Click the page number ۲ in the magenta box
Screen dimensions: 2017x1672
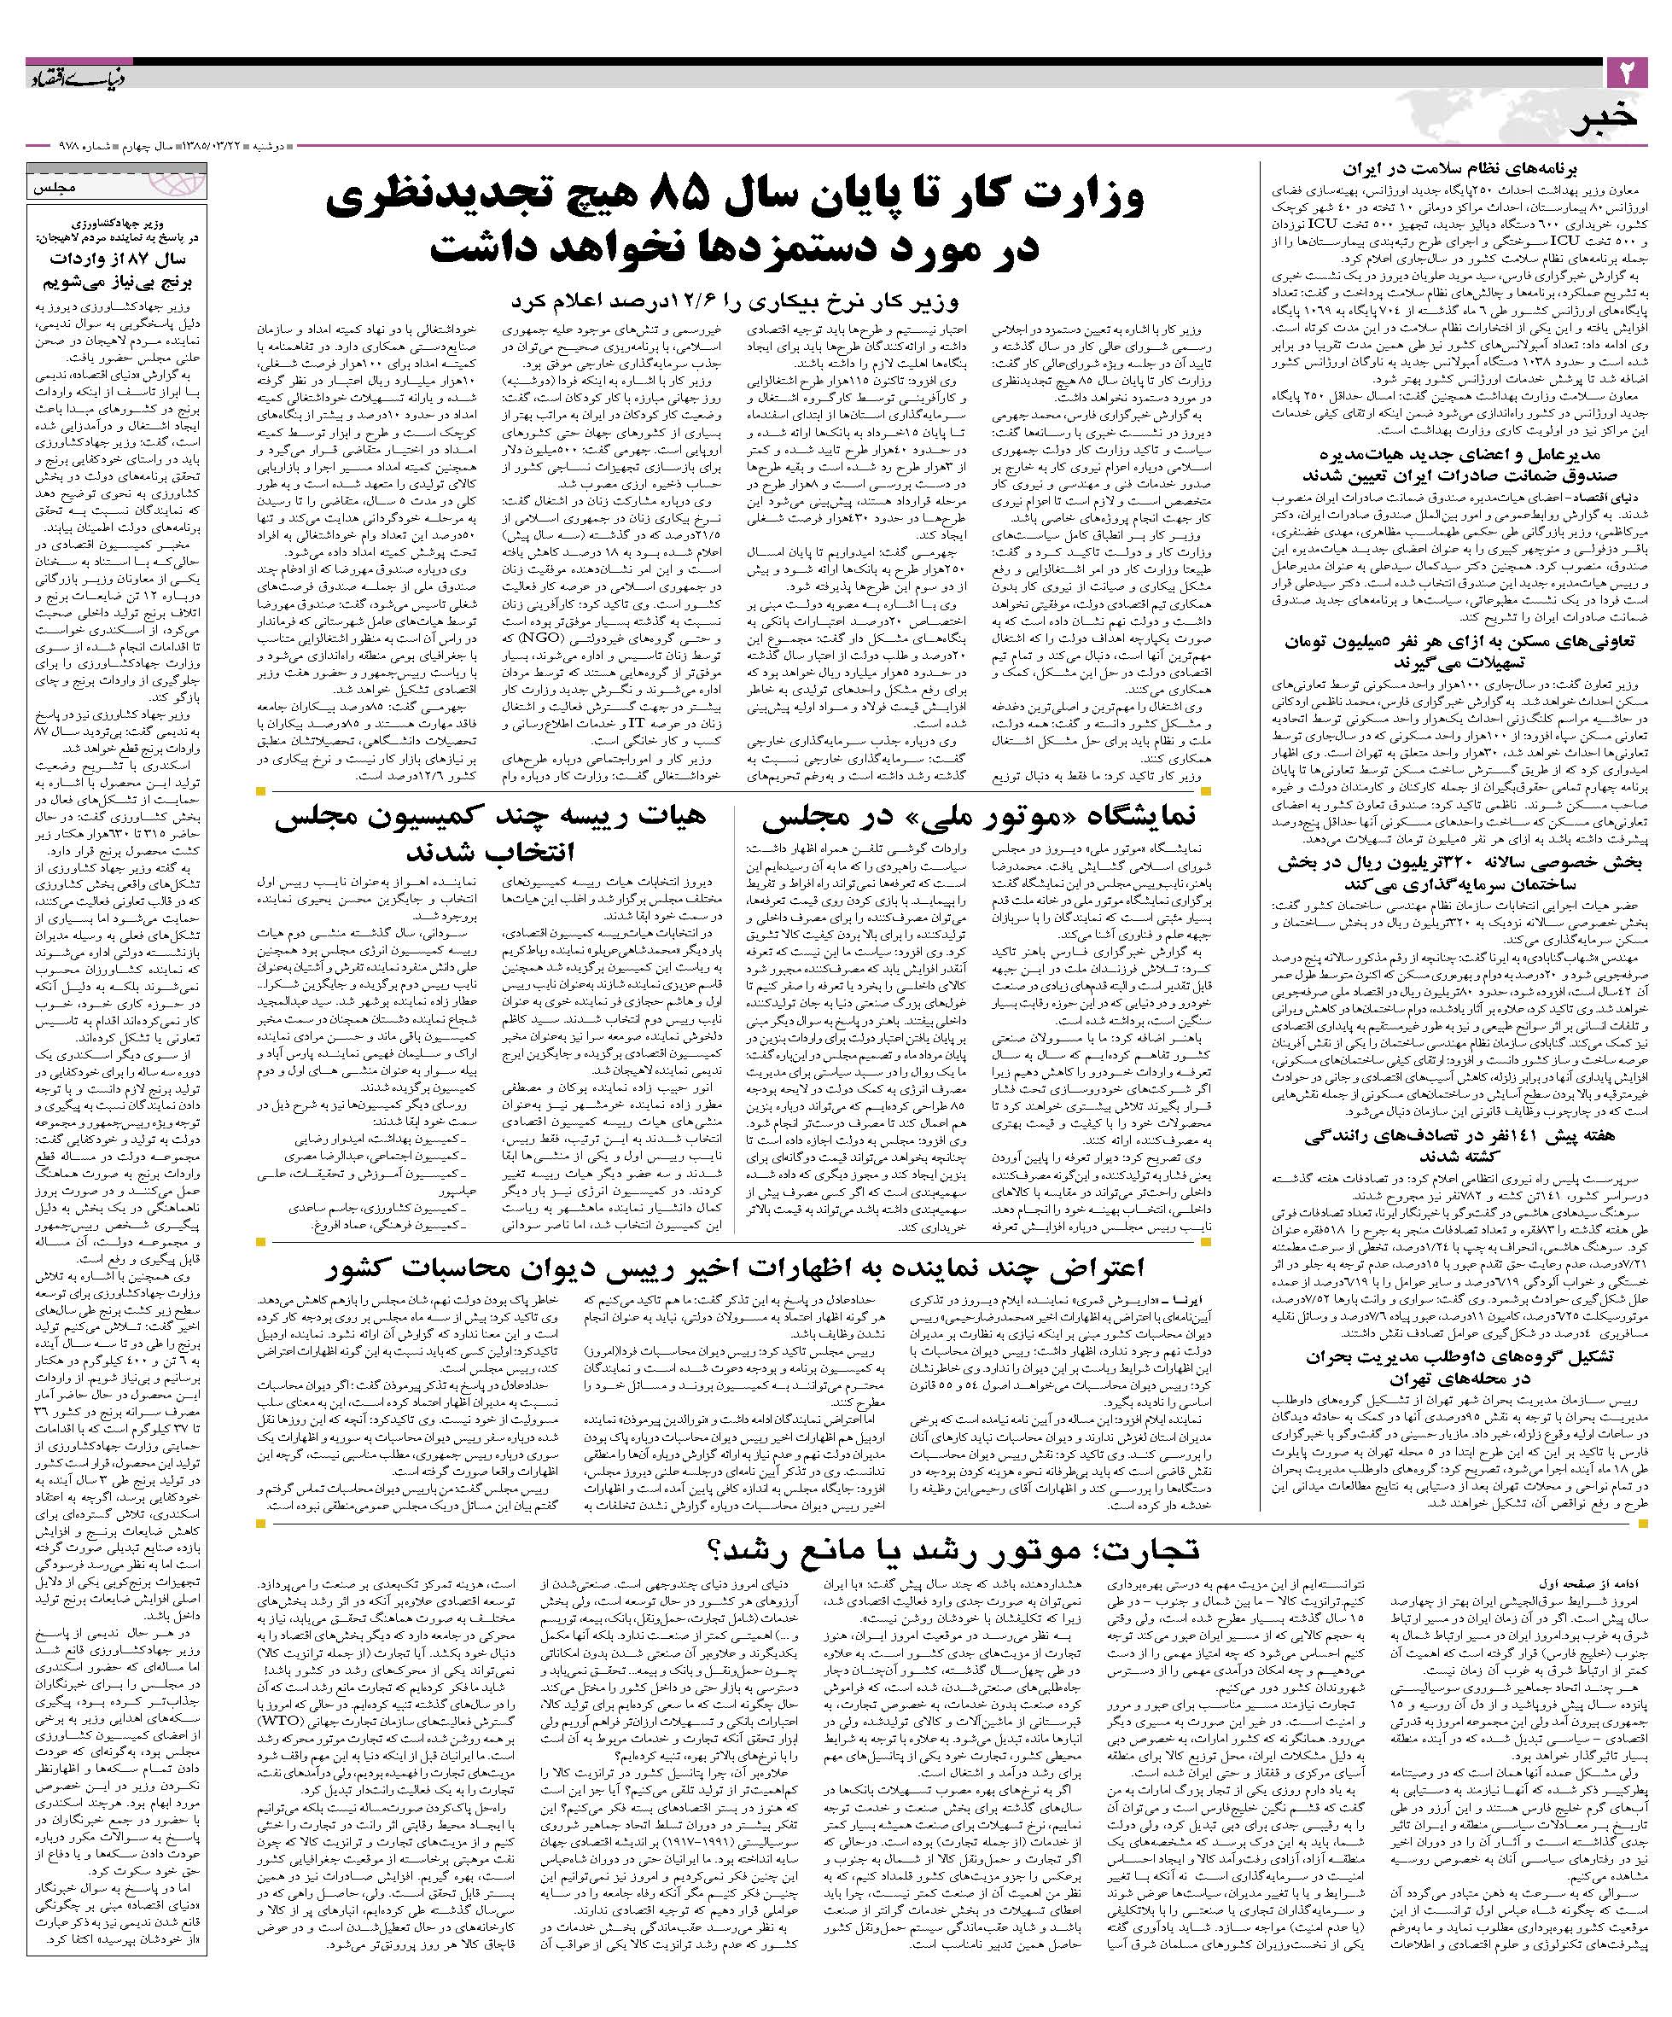pyautogui.click(x=1627, y=72)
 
